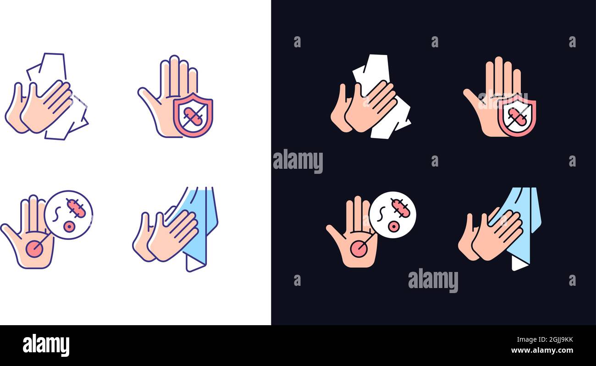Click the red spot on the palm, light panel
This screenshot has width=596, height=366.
point(34,249)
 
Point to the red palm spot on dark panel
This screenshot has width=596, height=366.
point(358,249)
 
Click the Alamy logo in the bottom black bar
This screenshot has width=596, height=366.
point(46,345)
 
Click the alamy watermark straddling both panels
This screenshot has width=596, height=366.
point(298,161)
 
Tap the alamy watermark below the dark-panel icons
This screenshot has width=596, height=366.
point(433,280)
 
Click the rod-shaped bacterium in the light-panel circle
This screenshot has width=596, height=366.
point(76,208)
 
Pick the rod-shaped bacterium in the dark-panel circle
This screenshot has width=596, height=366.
point(400,208)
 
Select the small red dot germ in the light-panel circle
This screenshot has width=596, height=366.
point(69,226)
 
